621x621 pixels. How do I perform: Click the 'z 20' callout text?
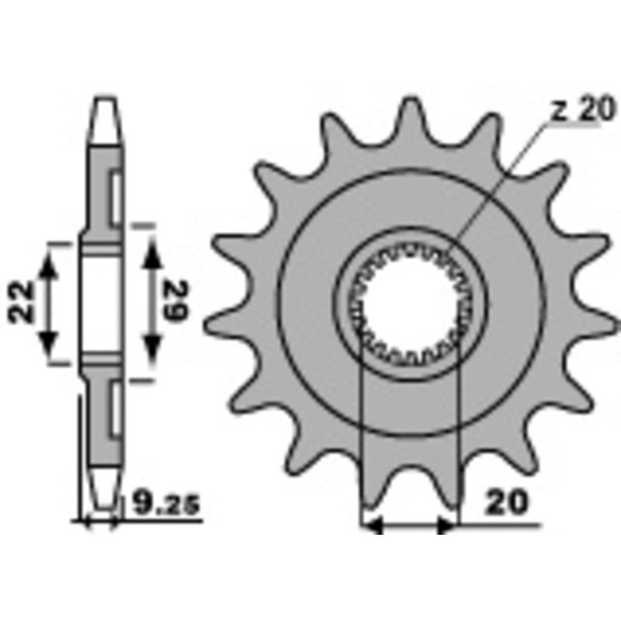click(581, 111)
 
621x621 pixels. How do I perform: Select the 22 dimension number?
click(24, 302)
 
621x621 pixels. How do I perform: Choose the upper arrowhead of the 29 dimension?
click(153, 248)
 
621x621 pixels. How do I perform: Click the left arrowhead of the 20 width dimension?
click(372, 526)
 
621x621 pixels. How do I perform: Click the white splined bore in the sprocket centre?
click(411, 303)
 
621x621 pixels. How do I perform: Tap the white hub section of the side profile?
click(102, 303)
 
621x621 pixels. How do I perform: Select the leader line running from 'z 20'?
click(505, 179)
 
